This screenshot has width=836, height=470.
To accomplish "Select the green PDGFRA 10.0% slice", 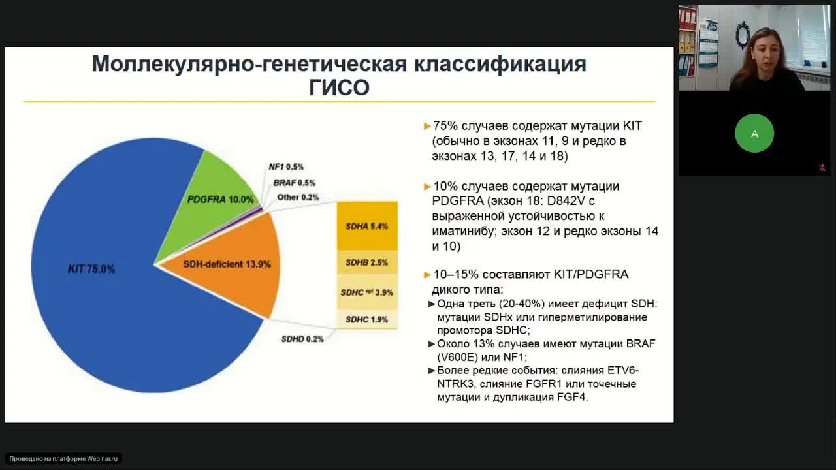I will (x=216, y=189).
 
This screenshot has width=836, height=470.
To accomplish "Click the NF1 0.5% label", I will (x=286, y=167).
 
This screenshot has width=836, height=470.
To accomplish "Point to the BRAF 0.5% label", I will (x=294, y=183).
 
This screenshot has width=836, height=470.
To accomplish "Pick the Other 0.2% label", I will (x=298, y=197).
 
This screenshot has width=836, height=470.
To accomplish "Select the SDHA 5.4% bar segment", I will (x=366, y=227).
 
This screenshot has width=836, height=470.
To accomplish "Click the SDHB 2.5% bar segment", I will (x=366, y=262).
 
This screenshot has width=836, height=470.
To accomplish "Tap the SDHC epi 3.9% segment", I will (x=366, y=292).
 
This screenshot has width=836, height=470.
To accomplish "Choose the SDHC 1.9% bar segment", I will (x=366, y=319).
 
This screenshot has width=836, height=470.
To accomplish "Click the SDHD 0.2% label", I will (x=302, y=339).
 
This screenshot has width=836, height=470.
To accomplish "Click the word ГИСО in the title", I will (x=339, y=87).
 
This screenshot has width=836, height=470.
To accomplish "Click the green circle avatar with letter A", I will (x=754, y=133).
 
